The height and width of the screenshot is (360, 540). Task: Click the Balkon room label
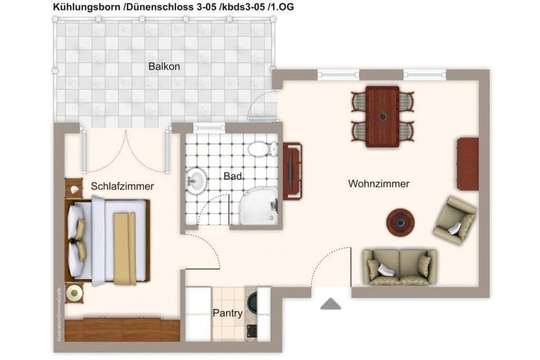pyautogui.click(x=164, y=66)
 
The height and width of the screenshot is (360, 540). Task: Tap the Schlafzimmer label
pyautogui.click(x=122, y=186)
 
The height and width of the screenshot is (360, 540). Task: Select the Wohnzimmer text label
pyautogui.click(x=379, y=183)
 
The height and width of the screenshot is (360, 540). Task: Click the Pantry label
pyautogui.click(x=228, y=313)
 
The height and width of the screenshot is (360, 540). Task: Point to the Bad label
pyautogui.click(x=233, y=177)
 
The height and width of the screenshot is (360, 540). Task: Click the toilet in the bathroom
pyautogui.click(x=262, y=149)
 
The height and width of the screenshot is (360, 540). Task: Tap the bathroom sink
pyautogui.click(x=195, y=181)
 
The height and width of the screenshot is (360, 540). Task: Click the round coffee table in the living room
pyautogui.click(x=400, y=222)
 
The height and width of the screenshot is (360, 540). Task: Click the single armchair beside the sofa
pyautogui.click(x=454, y=219)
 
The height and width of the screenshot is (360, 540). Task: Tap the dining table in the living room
pyautogui.click(x=382, y=116)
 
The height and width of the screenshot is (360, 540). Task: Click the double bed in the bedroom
pyautogui.click(x=110, y=240)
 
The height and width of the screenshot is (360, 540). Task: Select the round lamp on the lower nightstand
pyautogui.click(x=74, y=293)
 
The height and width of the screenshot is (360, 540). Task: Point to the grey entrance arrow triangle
pyautogui.click(x=331, y=304)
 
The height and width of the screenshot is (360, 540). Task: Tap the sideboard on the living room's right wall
pyautogui.click(x=468, y=164)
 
